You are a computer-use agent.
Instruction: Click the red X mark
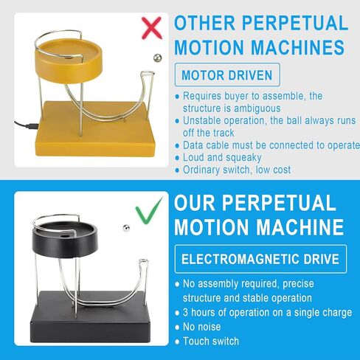pos(151,27)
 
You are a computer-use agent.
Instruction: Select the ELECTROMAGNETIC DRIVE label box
pos(261,259)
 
